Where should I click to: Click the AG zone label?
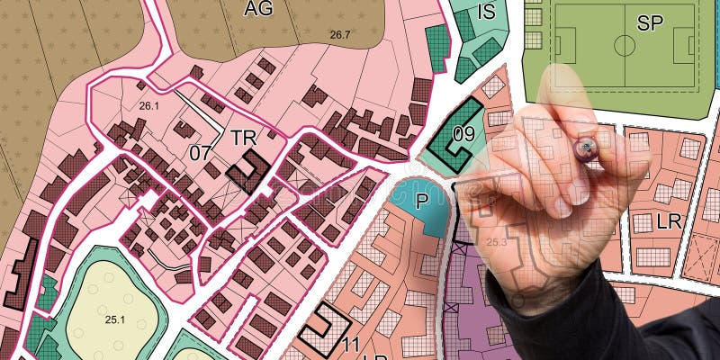coord(257,9)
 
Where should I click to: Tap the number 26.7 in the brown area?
coord(339,35)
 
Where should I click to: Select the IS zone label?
coord(487,12)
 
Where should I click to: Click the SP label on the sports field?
coord(649,24)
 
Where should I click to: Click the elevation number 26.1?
coord(148,105)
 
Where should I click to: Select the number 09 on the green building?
coord(463,134)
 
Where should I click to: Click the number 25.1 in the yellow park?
coord(114,319)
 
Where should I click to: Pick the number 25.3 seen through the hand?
coord(497,242)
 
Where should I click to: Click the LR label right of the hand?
coord(668,220)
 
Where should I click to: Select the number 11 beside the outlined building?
coord(351,344)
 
